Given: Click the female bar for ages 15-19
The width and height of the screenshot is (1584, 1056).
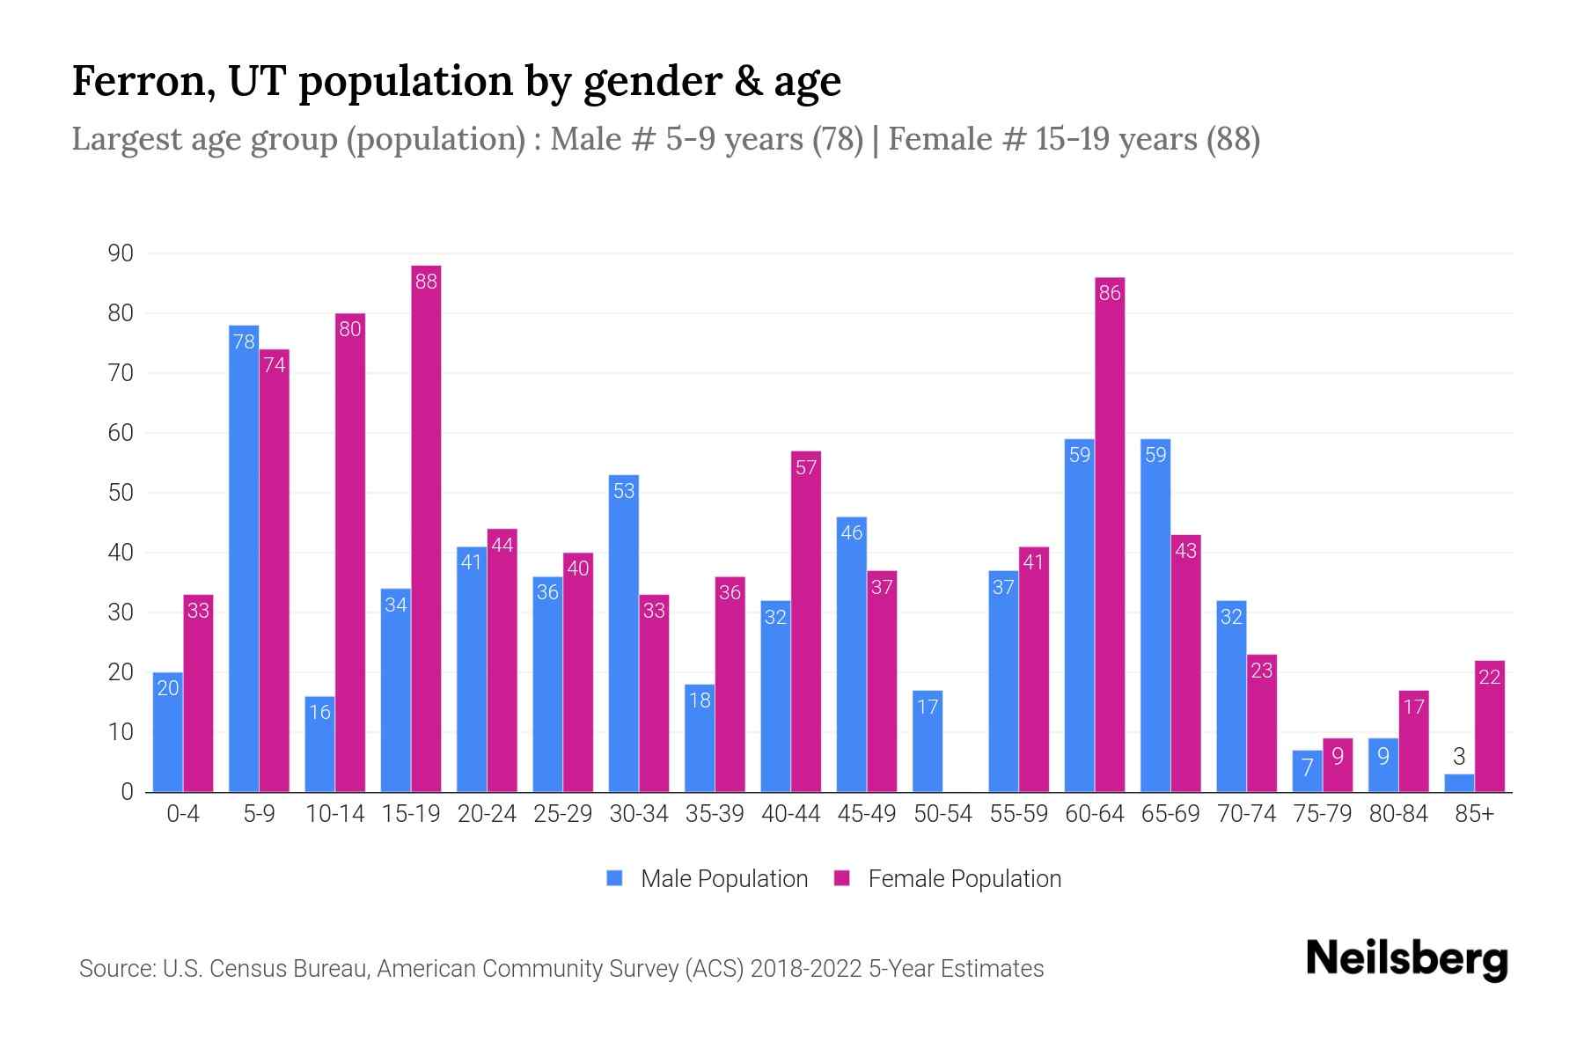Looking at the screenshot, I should pyautogui.click(x=426, y=528).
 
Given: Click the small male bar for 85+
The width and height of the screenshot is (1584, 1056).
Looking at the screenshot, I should pyautogui.click(x=1459, y=782).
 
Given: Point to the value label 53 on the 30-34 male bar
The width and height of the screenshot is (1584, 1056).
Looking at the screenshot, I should pyautogui.click(x=624, y=491).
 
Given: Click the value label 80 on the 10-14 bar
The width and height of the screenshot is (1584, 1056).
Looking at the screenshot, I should pyautogui.click(x=350, y=330).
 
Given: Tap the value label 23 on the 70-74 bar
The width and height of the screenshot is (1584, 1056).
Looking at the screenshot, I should pyautogui.click(x=1262, y=671).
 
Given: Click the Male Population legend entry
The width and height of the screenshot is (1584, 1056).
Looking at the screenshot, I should pyautogui.click(x=723, y=879).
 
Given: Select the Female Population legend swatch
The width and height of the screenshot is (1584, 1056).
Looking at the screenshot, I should pyautogui.click(x=842, y=878).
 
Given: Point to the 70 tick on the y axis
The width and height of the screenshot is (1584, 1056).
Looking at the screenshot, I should pyautogui.click(x=121, y=373).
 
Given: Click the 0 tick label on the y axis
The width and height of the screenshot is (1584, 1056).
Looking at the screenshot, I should pyautogui.click(x=128, y=792).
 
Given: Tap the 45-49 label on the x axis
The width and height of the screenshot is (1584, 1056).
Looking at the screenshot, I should pyautogui.click(x=867, y=814).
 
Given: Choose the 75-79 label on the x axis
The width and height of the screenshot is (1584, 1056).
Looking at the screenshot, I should pyautogui.click(x=1322, y=814).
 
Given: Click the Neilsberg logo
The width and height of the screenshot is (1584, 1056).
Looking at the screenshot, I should pyautogui.click(x=1406, y=958).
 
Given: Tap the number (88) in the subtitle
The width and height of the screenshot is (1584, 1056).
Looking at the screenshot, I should pyautogui.click(x=1233, y=139).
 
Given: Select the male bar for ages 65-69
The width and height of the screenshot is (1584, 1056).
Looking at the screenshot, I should pyautogui.click(x=1155, y=616).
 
